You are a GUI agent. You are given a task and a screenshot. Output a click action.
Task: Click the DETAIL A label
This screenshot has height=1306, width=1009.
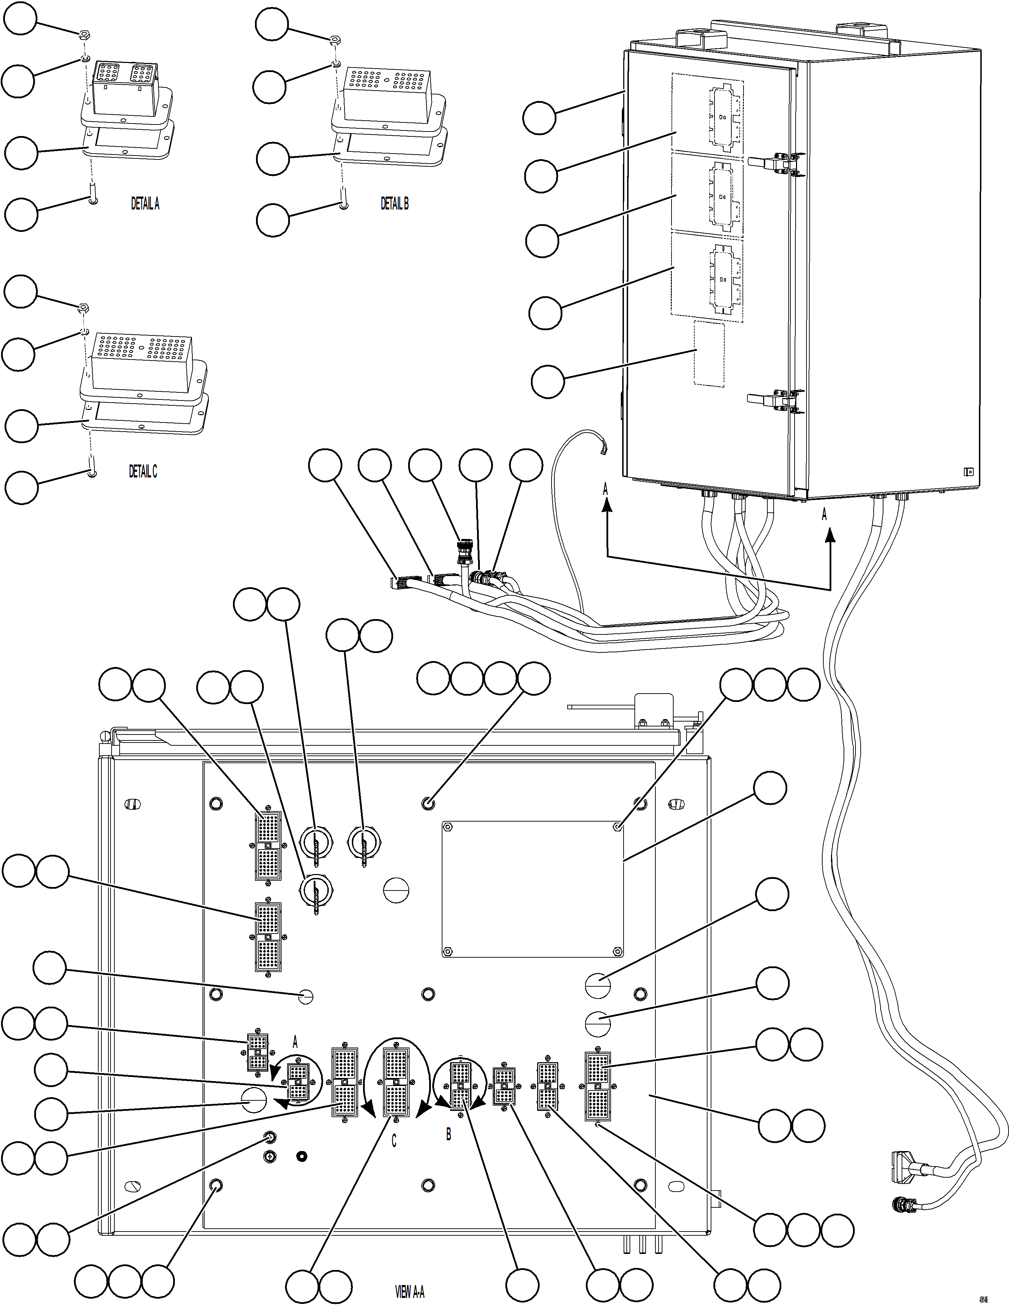click(145, 204)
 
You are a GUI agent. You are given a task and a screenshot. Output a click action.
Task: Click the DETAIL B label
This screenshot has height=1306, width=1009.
click(395, 204)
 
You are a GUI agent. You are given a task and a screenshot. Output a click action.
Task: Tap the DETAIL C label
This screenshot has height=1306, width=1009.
click(143, 472)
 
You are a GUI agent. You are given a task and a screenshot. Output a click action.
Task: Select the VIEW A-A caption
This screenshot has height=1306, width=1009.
click(410, 1292)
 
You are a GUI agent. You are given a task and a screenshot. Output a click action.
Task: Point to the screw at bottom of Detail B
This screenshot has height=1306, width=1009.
click(343, 205)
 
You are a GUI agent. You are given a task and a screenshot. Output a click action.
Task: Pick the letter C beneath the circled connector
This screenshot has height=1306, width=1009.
click(393, 1142)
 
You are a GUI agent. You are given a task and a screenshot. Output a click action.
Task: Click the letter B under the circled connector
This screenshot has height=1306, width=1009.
click(449, 1134)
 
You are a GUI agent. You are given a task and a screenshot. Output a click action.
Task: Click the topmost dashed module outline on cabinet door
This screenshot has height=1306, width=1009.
click(708, 112)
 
